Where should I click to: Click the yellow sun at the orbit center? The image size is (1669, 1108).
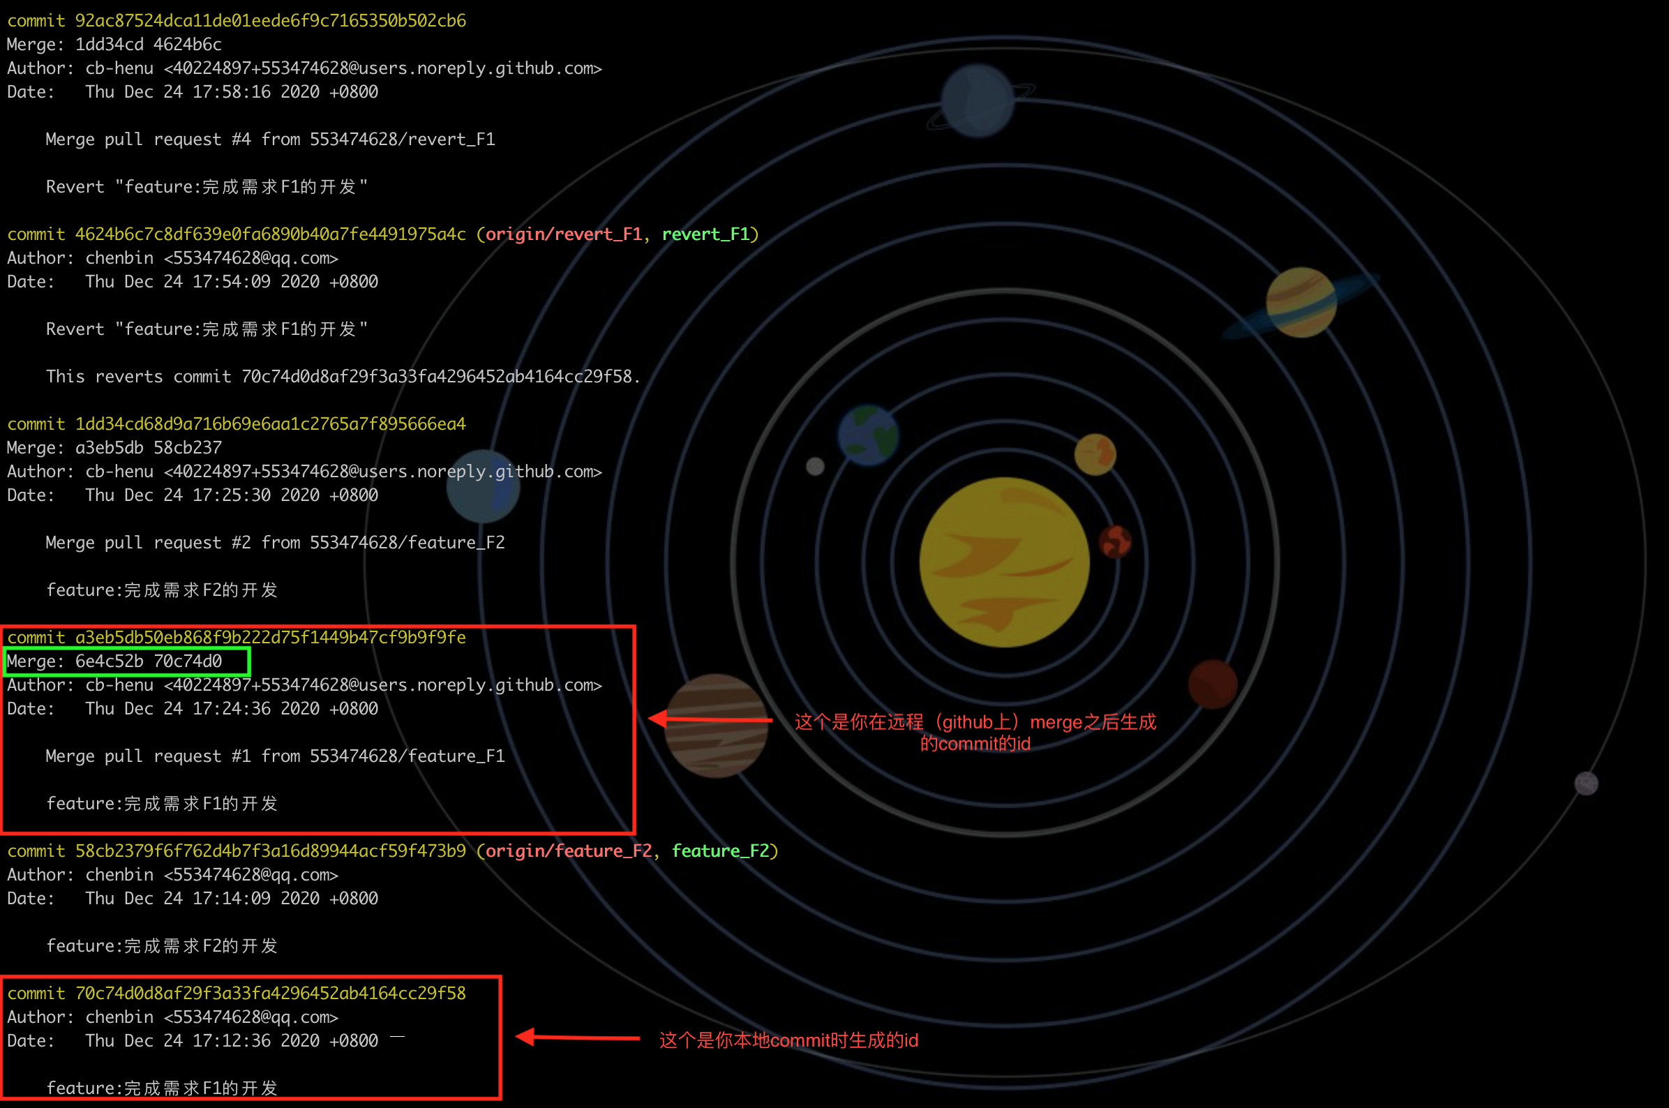click(x=1004, y=562)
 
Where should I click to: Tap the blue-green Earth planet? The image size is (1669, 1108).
click(x=868, y=435)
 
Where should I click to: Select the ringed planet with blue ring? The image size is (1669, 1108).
click(x=1301, y=302)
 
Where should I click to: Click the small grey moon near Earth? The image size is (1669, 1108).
click(x=816, y=466)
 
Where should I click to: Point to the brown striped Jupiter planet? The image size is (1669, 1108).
click(x=717, y=726)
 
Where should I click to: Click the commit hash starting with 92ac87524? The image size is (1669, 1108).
click(x=271, y=20)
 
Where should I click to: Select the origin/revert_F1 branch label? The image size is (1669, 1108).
click(x=563, y=234)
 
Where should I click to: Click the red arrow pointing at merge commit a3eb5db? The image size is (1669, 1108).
click(x=710, y=719)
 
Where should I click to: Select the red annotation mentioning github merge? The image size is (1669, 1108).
click(x=975, y=732)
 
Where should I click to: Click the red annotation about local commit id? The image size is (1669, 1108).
click(x=788, y=1040)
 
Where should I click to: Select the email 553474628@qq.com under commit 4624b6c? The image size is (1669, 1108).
click(x=251, y=258)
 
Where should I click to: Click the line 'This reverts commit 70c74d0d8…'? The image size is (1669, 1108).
click(x=343, y=377)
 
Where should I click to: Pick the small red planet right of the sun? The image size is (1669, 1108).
click(x=1115, y=542)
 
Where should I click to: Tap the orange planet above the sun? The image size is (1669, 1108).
click(x=1095, y=454)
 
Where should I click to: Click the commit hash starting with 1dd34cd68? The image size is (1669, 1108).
click(x=271, y=424)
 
